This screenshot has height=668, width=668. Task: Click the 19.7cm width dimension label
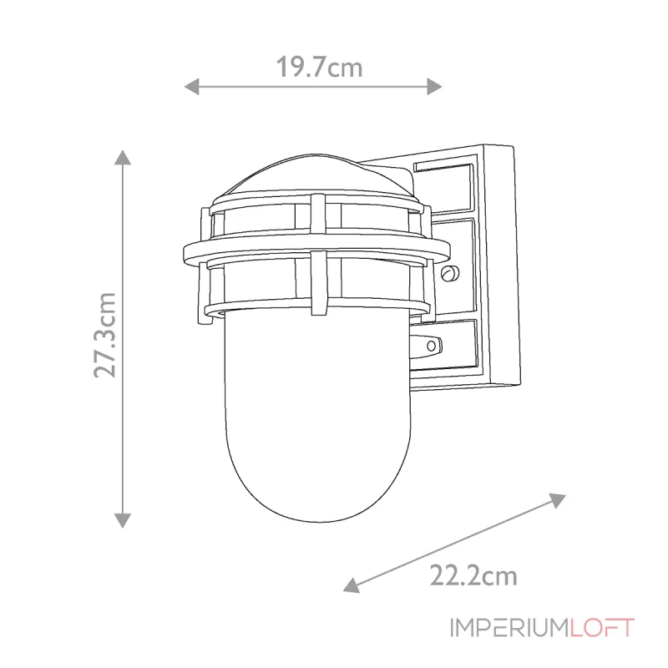[x=320, y=68]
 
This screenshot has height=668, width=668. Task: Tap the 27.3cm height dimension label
[x=105, y=335]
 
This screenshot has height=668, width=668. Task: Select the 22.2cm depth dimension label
[x=473, y=575]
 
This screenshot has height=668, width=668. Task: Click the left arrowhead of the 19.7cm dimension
[x=191, y=87]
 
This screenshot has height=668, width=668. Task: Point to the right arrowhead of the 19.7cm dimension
[x=434, y=87]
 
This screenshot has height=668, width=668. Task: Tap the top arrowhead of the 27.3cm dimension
[x=123, y=158]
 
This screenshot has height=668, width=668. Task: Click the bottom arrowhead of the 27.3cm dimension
[x=123, y=520]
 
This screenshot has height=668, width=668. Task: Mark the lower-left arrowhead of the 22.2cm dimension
[x=352, y=585]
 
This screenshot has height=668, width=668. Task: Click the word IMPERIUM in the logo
[x=510, y=628]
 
